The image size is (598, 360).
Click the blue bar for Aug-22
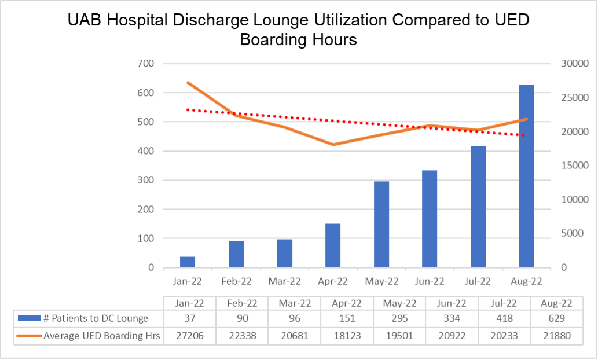click(526, 176)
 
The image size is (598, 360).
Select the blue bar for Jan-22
click(188, 262)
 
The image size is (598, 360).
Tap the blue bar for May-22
click(381, 225)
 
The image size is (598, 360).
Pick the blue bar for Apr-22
click(333, 245)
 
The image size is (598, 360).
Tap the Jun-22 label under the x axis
click(429, 281)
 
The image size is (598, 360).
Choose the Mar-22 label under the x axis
click(284, 281)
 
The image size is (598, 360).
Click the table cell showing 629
click(556, 318)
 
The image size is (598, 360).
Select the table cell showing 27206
click(189, 335)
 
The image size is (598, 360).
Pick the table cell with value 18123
click(347, 335)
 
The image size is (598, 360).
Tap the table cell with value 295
click(399, 318)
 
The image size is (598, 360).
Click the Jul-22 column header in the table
click(504, 303)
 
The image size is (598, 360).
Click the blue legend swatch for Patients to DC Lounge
click(30, 318)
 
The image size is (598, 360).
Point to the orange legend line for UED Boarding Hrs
click(30, 335)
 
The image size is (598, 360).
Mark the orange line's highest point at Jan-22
click(188, 83)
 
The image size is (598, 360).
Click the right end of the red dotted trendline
click(524, 135)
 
